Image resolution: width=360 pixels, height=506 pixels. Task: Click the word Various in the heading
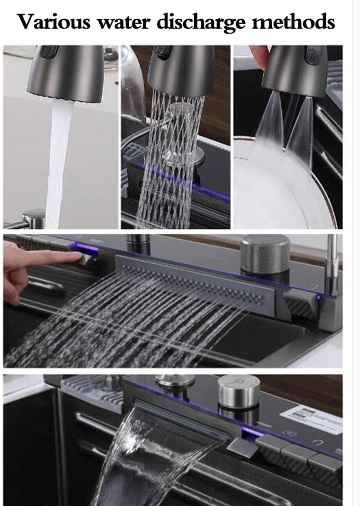[x=55, y=22]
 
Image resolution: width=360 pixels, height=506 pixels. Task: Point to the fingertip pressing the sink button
[x=74, y=256]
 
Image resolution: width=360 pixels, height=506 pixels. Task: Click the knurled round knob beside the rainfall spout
[x=265, y=252]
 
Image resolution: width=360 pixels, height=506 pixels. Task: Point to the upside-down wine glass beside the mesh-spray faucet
[x=132, y=84]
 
